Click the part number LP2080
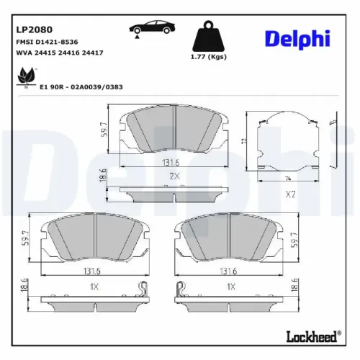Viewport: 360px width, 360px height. pos(35,30)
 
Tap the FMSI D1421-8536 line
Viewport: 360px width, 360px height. pos(46,42)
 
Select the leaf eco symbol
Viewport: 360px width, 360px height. pos(26,75)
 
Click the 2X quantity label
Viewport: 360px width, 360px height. pos(173,176)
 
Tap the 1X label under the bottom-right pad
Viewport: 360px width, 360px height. pos(230,287)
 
